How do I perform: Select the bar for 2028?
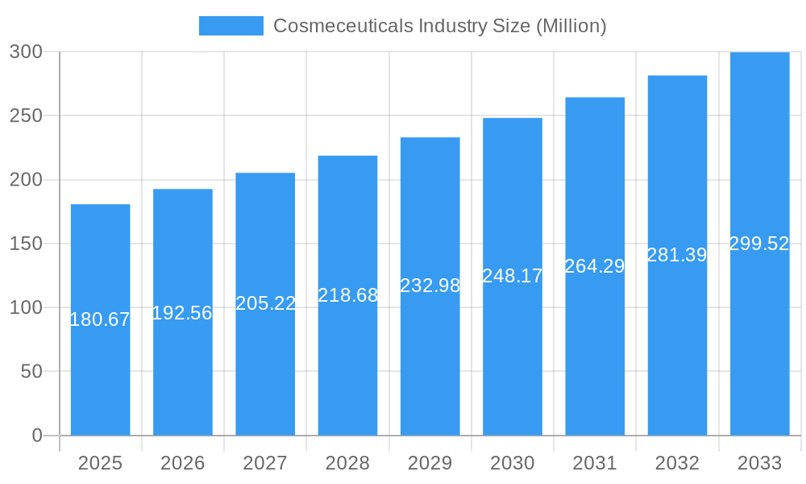347,363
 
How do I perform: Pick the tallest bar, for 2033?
759,339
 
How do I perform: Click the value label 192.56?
182,313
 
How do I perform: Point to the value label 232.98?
430,286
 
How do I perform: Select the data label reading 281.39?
677,255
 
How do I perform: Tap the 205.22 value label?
265,303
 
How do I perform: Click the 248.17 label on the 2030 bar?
512,276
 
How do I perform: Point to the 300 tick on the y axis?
26,52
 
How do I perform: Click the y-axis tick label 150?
26,244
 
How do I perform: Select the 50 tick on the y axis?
31,372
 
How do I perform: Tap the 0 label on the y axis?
37,436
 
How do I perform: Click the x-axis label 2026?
182,463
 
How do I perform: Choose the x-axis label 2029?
430,463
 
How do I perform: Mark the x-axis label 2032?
677,463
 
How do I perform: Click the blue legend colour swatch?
231,26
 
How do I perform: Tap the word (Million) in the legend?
571,26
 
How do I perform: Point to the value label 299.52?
759,244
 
